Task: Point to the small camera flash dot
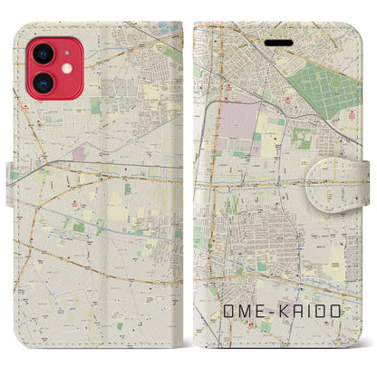tap(65, 69)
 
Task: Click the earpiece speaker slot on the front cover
tap(273, 41)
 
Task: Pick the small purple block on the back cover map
tap(81, 154)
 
